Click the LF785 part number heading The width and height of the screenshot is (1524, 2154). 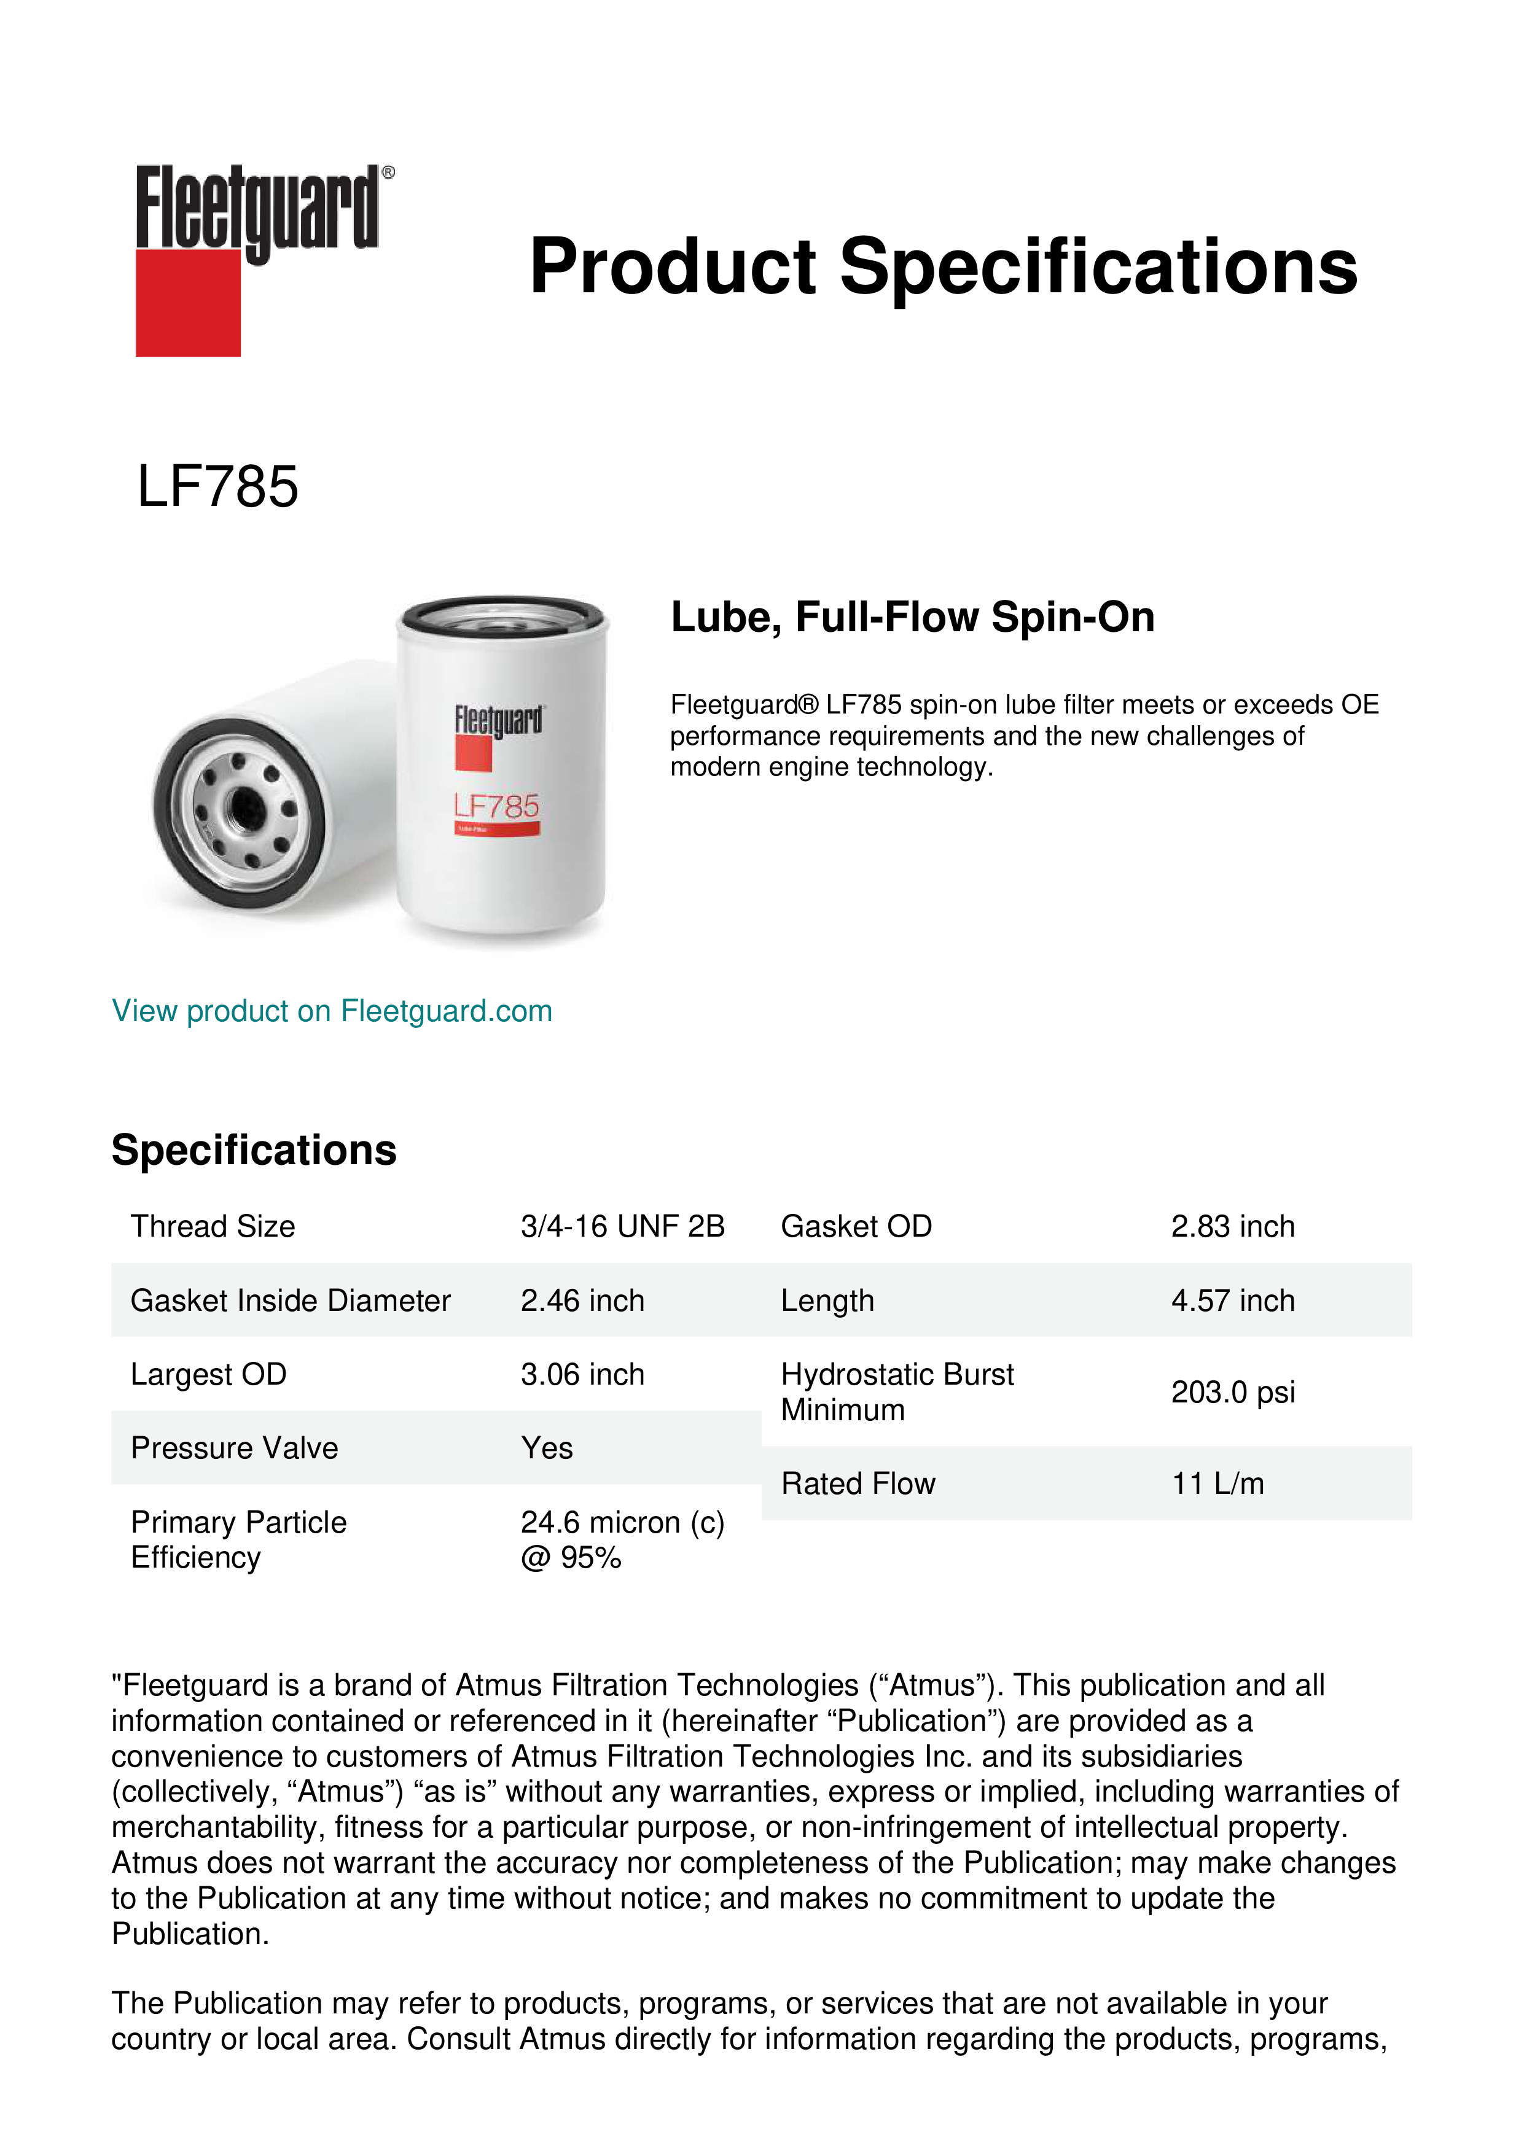[x=217, y=487]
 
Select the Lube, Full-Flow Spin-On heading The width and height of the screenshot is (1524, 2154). [x=912, y=617]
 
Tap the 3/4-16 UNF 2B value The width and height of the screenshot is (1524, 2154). [x=622, y=1226]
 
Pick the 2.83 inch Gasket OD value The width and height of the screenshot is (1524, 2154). [x=1232, y=1226]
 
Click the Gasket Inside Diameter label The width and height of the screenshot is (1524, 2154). [x=290, y=1301]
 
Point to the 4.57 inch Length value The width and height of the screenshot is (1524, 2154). [x=1232, y=1301]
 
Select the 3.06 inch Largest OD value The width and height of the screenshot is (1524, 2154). [x=582, y=1374]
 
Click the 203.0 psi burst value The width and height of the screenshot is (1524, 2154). [x=1232, y=1392]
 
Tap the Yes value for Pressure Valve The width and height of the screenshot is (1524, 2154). [x=546, y=1448]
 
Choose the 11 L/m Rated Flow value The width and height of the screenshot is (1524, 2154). [x=1217, y=1483]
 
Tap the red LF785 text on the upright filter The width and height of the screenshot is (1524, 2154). [x=496, y=806]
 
